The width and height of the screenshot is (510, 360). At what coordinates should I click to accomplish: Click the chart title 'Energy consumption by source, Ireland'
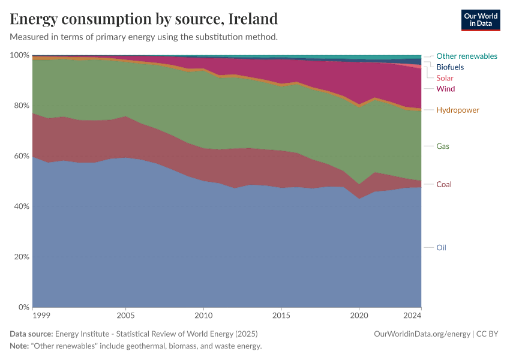coord(144,19)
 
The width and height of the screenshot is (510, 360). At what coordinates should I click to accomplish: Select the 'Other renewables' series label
coord(466,56)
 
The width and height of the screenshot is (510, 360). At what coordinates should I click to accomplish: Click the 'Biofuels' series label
coord(450,67)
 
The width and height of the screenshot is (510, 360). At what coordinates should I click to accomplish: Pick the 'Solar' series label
coord(445,78)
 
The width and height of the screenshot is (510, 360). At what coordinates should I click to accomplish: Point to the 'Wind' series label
coord(445,89)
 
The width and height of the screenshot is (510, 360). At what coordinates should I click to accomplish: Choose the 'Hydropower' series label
coord(458,110)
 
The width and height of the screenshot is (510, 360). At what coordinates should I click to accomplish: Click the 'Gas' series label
coord(443,146)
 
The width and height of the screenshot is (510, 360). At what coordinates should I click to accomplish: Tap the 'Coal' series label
coord(444,184)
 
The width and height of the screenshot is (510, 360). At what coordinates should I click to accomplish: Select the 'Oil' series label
coord(441,247)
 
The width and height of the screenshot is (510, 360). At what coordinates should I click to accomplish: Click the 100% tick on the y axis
coord(20,55)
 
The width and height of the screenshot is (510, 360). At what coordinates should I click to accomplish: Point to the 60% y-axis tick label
coord(21,156)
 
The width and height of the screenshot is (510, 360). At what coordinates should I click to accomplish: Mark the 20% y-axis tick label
coord(21,257)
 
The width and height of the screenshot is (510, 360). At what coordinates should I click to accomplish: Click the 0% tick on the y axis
coord(23,307)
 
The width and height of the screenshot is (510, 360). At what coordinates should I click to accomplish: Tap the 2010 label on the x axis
coord(203,315)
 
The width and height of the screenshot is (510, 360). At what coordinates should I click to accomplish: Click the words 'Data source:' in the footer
coord(31,334)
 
